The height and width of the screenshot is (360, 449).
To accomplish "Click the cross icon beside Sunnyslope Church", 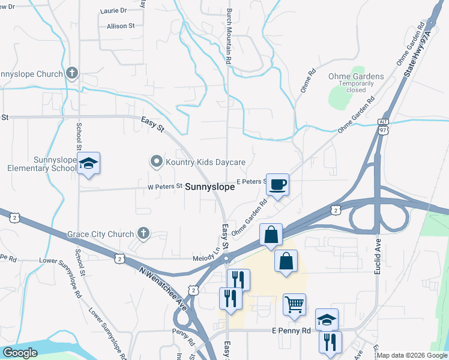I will (71, 74).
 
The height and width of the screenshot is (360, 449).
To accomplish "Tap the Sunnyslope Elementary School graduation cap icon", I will (88, 163).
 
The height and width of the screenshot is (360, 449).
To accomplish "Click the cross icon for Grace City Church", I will (143, 232).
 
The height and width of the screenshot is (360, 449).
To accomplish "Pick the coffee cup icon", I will (277, 184).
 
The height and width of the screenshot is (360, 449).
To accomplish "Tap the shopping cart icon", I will (294, 304).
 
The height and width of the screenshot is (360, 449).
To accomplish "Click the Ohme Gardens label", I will (356, 76).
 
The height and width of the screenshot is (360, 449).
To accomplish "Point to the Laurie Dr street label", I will (114, 11).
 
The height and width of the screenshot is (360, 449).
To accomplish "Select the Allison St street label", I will (116, 26).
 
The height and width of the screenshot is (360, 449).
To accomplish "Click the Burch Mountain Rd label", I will (229, 36).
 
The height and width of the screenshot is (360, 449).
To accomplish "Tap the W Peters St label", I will (164, 187).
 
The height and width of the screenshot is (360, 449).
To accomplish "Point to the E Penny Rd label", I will (291, 331).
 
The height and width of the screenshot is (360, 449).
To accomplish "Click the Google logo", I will (20, 353).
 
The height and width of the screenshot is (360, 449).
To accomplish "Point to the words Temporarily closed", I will (356, 87).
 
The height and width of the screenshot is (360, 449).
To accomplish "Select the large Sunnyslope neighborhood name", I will (209, 187).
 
